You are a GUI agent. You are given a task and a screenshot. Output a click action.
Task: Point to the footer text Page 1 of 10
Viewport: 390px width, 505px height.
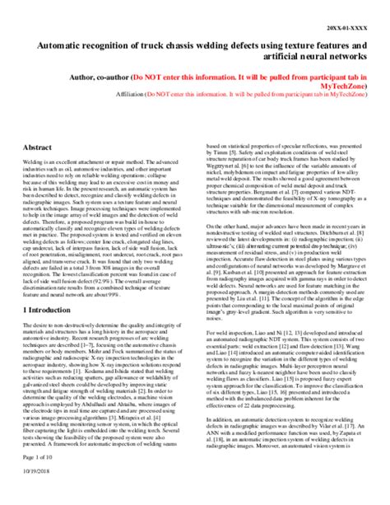click(x=38, y=481)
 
